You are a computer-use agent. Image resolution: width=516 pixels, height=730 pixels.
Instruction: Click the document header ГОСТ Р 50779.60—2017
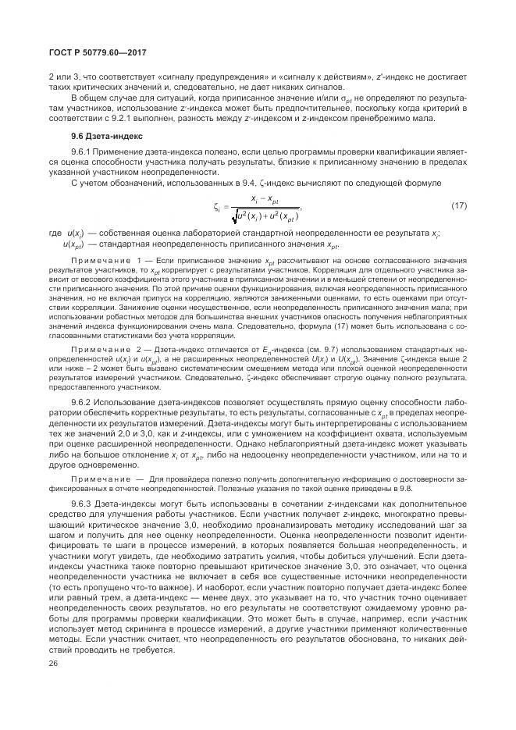pos(93,52)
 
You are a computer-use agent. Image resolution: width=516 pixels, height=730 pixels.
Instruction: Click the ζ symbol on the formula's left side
pos(216,207)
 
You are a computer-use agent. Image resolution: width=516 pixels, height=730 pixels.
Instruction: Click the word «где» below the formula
pos(54,233)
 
